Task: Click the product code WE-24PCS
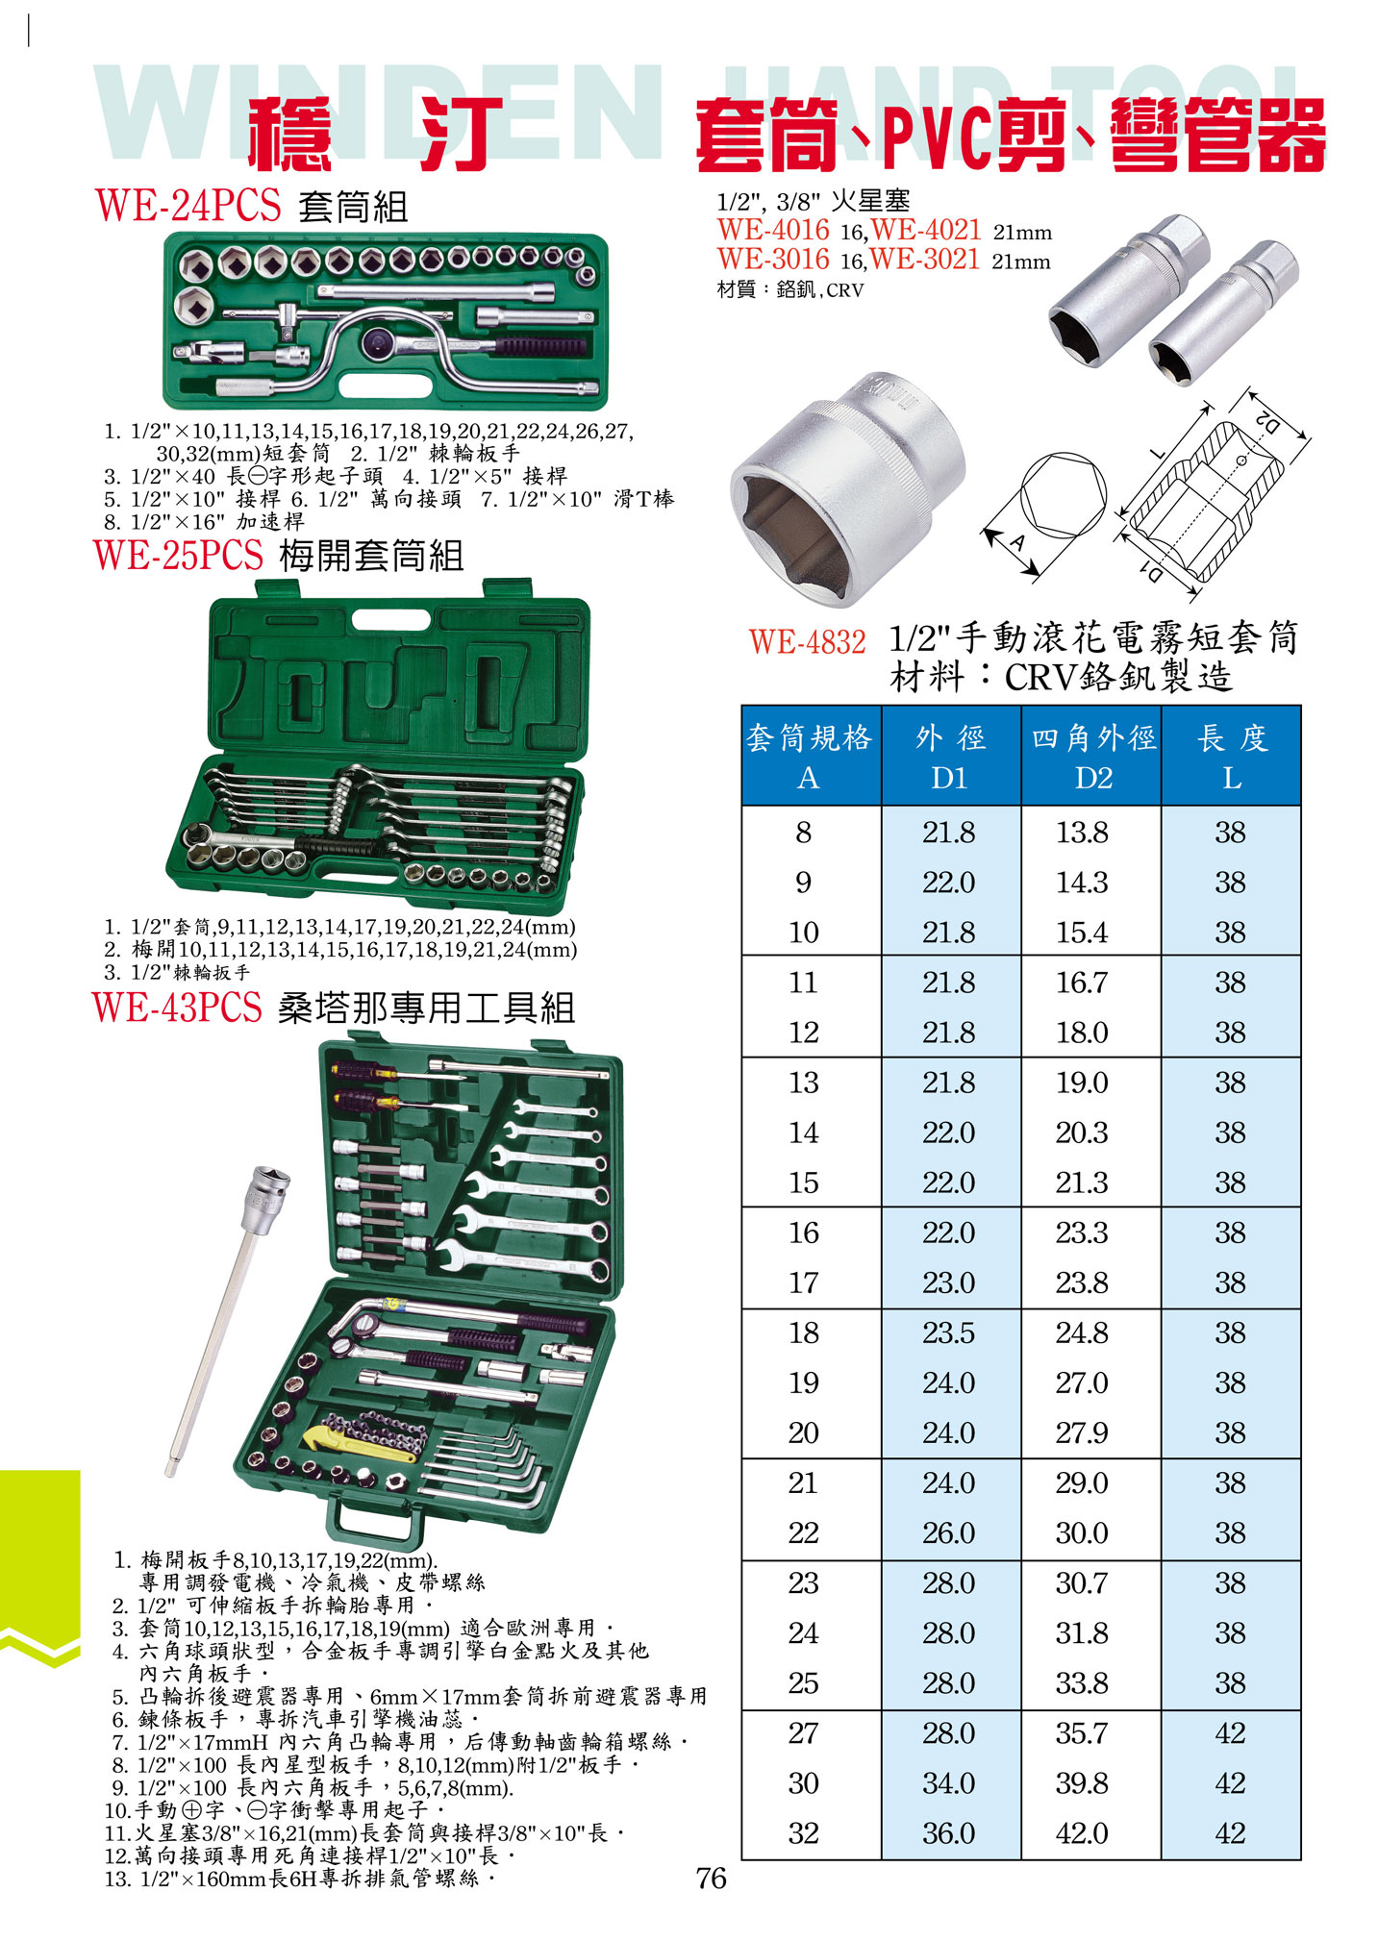click(x=188, y=206)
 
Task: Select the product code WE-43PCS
click(x=177, y=1007)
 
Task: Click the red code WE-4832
click(x=807, y=641)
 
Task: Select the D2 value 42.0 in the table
click(x=1082, y=1833)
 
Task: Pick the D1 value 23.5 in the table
click(x=948, y=1332)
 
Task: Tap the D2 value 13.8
click(x=1082, y=832)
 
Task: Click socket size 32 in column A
click(x=803, y=1833)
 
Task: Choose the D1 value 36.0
click(x=948, y=1833)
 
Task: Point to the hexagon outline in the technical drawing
click(x=1063, y=497)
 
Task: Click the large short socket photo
click(x=848, y=487)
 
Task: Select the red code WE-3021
click(x=925, y=259)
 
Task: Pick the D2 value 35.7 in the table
click(x=1082, y=1733)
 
